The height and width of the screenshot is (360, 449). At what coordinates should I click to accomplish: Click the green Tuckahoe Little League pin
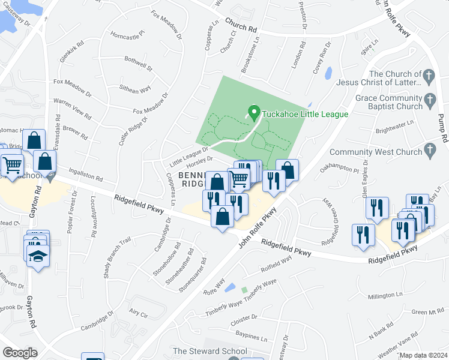pyautogui.click(x=253, y=112)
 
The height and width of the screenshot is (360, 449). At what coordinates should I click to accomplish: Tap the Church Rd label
pyautogui.click(x=241, y=25)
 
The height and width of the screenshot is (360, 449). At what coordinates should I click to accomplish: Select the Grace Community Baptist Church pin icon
pyautogui.click(x=429, y=98)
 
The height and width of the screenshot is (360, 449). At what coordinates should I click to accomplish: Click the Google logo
pyautogui.click(x=20, y=353)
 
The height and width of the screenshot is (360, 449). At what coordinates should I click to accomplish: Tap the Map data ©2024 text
pyautogui.click(x=423, y=356)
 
